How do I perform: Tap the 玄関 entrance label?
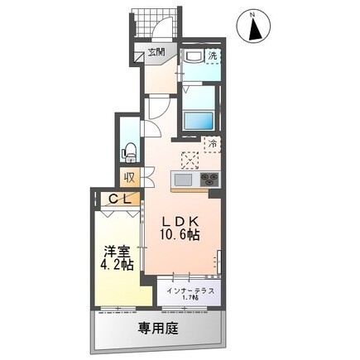(x=157, y=51)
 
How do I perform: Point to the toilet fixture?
(x=129, y=151)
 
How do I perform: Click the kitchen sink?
(x=183, y=180)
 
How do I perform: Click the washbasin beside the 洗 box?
(x=191, y=56)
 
